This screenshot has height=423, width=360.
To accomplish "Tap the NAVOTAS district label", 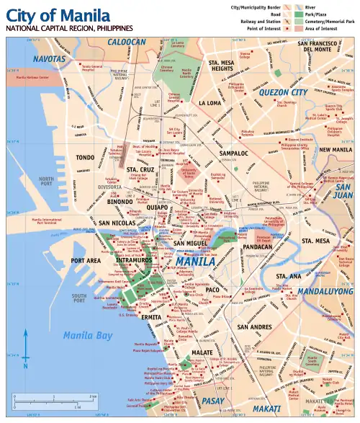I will [49, 58].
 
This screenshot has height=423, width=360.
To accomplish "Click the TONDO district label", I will [86, 157].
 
